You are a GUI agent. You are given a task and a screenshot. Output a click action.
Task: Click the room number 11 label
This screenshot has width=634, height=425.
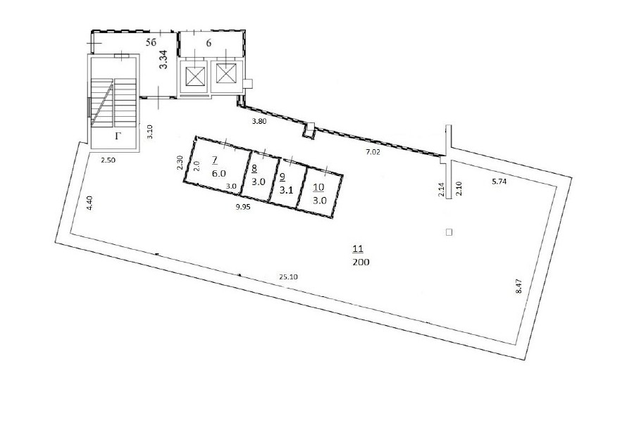359,249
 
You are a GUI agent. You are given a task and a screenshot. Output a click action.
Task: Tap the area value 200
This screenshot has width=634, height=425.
361,262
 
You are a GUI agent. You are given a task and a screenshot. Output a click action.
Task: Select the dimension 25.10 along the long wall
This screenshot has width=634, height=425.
288,277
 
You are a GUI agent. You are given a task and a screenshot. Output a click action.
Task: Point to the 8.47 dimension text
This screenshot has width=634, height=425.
520,286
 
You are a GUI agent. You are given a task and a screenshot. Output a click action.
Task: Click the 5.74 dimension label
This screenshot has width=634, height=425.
499,182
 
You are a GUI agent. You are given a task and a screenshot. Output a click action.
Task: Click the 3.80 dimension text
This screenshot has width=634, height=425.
259,121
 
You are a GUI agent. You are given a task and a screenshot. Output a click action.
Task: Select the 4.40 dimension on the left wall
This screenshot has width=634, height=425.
89,203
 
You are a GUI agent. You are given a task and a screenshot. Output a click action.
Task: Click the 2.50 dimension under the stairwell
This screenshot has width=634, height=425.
108,160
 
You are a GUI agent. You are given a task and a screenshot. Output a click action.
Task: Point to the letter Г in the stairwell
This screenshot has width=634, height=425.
118,136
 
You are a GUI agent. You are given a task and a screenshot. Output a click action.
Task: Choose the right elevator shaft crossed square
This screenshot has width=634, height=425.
226,73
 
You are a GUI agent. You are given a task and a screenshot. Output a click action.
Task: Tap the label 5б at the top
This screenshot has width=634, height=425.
151,42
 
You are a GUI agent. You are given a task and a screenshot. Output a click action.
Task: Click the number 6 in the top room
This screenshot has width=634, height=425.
209,43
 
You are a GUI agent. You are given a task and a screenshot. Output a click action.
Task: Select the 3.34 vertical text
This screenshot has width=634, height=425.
163,59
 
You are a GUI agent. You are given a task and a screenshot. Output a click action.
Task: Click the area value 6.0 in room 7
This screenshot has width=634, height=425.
219,173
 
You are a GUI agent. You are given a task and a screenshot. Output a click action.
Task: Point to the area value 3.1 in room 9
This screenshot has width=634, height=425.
286,190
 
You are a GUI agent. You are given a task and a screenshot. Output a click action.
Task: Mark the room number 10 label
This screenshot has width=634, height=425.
318,187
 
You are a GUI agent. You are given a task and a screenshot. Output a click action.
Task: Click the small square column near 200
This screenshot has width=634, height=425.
449,232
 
